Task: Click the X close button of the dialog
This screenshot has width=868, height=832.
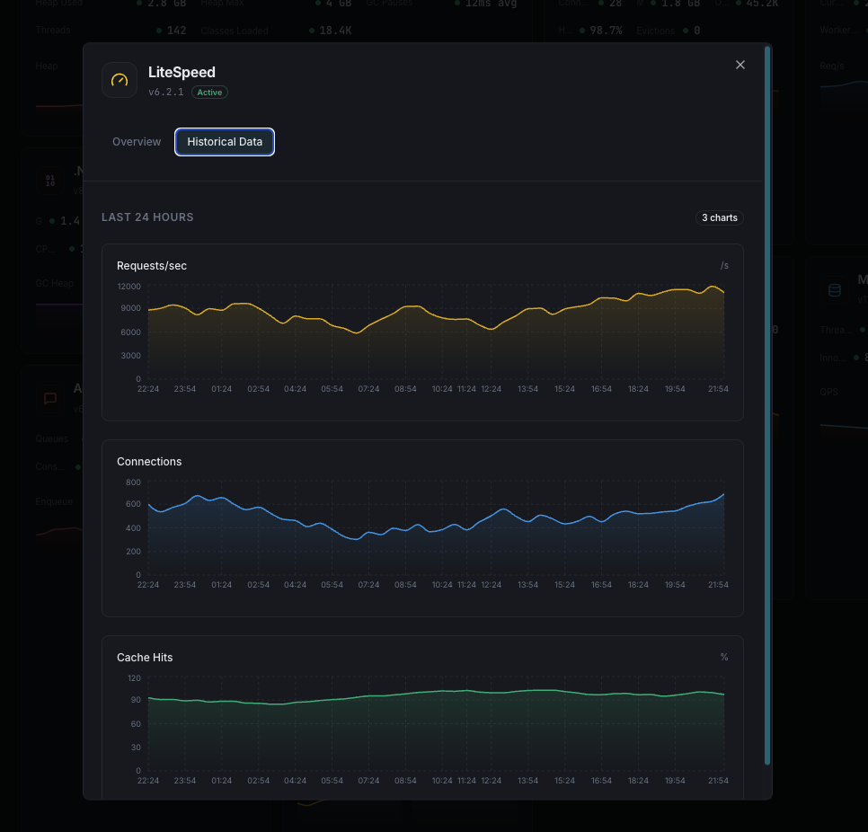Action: (x=740, y=65)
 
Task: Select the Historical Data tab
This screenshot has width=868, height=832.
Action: (x=225, y=142)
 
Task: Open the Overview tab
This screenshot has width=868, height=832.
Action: (x=137, y=142)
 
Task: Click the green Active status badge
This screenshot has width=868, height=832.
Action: (x=209, y=93)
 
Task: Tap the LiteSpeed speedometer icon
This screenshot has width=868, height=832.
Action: (x=120, y=80)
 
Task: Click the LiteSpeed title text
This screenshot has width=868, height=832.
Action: (x=182, y=73)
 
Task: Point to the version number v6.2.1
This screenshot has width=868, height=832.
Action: (x=166, y=93)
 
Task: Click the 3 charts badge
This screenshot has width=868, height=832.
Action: (x=720, y=217)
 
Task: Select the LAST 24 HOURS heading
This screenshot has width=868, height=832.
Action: (x=147, y=217)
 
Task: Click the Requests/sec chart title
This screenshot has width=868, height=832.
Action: (x=152, y=266)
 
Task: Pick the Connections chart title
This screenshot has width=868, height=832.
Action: (x=149, y=462)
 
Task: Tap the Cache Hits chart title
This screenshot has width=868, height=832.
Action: (x=145, y=658)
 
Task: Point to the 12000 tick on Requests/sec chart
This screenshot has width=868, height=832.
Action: (x=128, y=287)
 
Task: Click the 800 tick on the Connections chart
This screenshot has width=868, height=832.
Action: (x=133, y=482)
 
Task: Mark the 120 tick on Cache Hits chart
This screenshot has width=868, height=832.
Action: (x=134, y=678)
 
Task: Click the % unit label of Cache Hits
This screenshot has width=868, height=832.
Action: (x=724, y=658)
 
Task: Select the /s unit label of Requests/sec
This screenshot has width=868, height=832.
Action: (x=724, y=266)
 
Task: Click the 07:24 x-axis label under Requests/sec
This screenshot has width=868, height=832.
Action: (x=368, y=389)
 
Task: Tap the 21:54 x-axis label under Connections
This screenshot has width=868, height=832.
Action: (x=718, y=585)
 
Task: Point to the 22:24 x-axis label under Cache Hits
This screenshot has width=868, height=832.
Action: (x=148, y=781)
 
